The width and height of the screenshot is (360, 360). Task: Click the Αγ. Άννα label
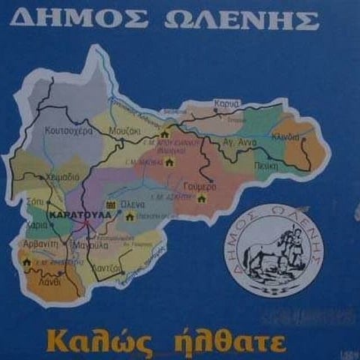(240, 142)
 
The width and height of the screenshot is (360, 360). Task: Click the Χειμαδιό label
(61, 177)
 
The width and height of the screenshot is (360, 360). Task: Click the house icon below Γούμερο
(201, 198)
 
